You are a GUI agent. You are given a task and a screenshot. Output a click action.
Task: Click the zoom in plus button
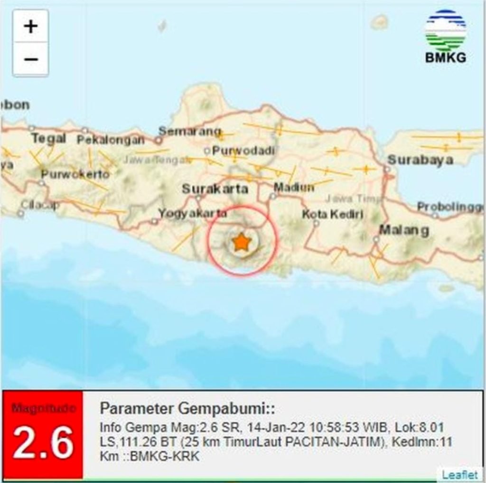tap(30, 26)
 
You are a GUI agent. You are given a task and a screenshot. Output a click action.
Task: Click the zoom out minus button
tap(30, 59)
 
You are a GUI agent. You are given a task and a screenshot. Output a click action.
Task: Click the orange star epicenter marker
tap(242, 243)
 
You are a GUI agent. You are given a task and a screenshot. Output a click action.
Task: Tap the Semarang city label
tap(189, 131)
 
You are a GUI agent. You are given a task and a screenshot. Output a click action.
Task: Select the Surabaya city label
tap(420, 160)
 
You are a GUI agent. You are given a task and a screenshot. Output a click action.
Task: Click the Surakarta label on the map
tap(215, 189)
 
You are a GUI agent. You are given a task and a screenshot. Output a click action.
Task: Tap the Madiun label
tap(294, 187)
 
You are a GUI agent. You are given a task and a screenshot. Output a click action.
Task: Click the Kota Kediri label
tap(333, 214)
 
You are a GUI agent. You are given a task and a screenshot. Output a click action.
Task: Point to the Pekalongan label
tap(110, 140)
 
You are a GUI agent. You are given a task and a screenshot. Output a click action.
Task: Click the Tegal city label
tap(48, 138)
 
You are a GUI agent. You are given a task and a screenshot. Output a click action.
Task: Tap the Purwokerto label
tap(75, 174)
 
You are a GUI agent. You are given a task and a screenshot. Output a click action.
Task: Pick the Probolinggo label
tap(450, 207)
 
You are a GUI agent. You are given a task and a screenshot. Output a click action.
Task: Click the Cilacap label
tap(40, 205)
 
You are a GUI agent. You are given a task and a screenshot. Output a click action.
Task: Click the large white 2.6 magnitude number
tap(43, 443)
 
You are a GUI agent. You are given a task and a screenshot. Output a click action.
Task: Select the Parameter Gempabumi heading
tap(187, 409)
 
